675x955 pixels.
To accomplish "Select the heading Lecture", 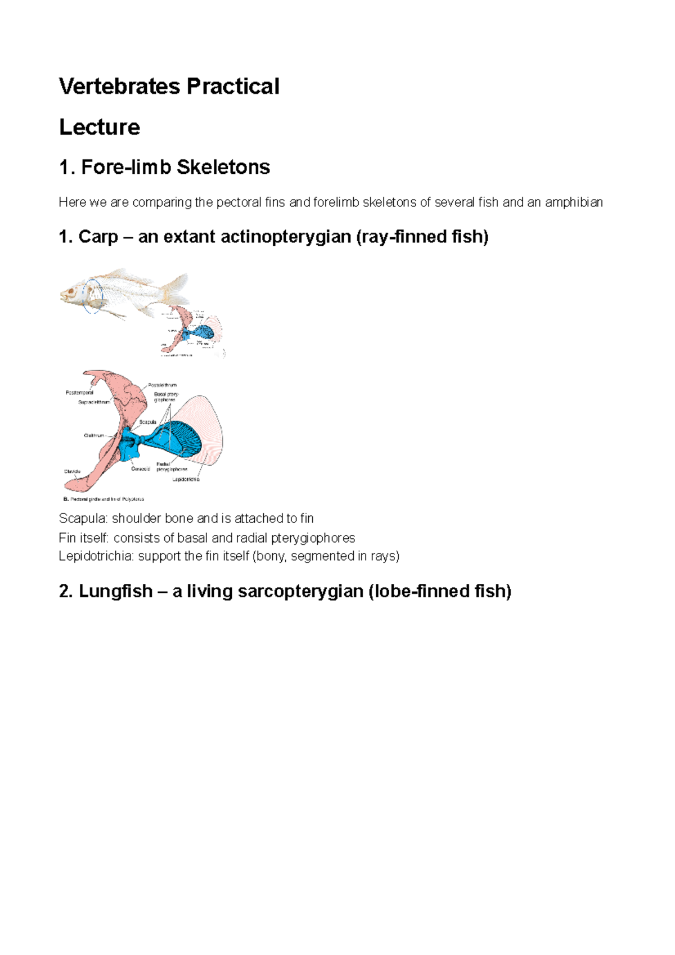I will [x=100, y=127].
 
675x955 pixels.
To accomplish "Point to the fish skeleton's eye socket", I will [x=70, y=292].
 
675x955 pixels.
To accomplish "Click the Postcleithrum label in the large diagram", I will [x=163, y=385].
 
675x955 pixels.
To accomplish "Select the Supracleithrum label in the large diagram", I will [x=94, y=402].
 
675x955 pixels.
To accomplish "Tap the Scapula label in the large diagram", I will [x=148, y=422].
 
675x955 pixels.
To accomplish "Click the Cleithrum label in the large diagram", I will [x=94, y=435].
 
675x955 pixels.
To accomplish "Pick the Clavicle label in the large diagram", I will [x=72, y=471].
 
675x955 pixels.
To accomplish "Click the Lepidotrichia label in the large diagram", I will [x=186, y=479].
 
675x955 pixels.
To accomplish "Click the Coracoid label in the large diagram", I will [x=140, y=469].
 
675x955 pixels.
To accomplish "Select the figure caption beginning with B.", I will [x=104, y=499].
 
